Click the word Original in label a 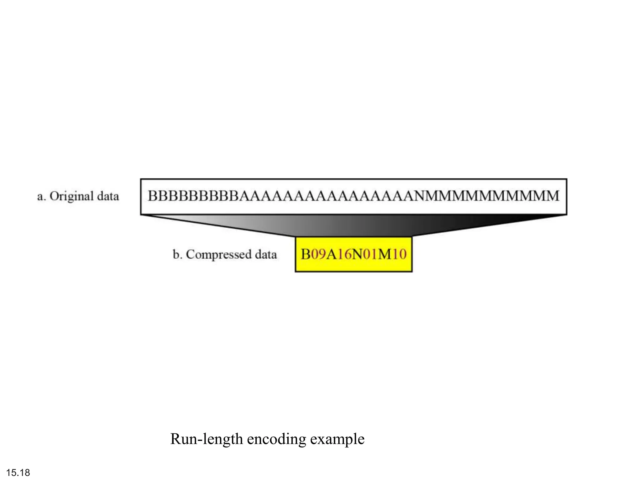click(72, 197)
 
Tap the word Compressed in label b click(218, 255)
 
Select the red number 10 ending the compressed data click(399, 254)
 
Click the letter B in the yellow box click(305, 254)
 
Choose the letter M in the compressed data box click(385, 254)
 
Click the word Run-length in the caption click(207, 439)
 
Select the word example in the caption click(337, 439)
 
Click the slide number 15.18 click(18, 473)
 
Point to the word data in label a click(108, 197)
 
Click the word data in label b click(266, 255)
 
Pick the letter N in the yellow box click(358, 254)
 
